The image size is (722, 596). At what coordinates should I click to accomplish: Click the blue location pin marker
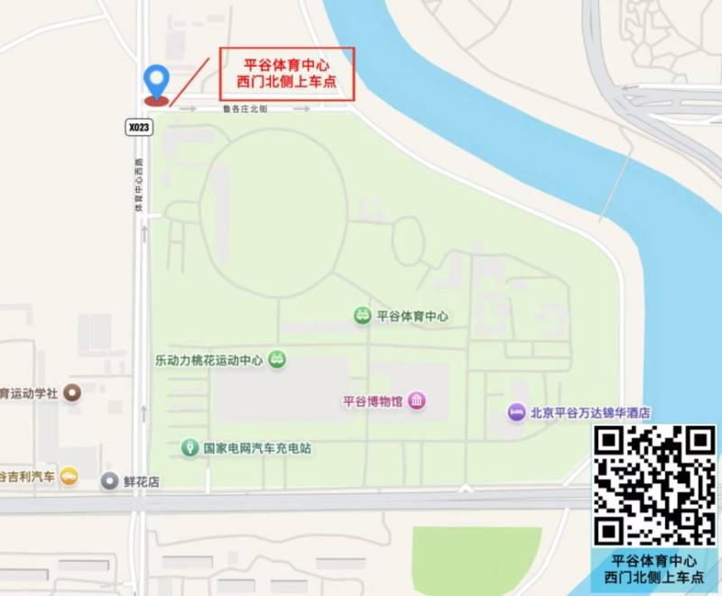[x=158, y=81]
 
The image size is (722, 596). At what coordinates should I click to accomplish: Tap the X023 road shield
[x=139, y=128]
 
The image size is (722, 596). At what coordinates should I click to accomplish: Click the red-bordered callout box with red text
[x=286, y=73]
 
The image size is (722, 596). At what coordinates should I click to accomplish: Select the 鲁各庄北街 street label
[x=245, y=109]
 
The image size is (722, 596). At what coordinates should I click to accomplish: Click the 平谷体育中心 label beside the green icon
[x=412, y=316]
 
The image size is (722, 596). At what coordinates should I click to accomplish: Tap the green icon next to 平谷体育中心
[x=362, y=316]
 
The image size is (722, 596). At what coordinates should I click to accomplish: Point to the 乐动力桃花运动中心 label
[x=208, y=360]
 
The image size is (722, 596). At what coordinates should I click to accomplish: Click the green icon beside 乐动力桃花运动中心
[x=278, y=359]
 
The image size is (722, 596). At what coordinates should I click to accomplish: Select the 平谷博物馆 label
[x=372, y=401]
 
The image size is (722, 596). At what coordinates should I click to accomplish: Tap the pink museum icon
[x=416, y=401]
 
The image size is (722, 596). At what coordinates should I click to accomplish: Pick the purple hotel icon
[x=516, y=412]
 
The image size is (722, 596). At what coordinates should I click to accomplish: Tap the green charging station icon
[x=190, y=446]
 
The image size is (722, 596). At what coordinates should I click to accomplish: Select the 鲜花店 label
[x=141, y=481]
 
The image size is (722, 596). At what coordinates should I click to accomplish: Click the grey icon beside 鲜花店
[x=109, y=481]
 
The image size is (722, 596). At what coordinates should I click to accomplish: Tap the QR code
[x=654, y=485]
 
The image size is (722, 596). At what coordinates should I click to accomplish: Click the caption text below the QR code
[x=654, y=569]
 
